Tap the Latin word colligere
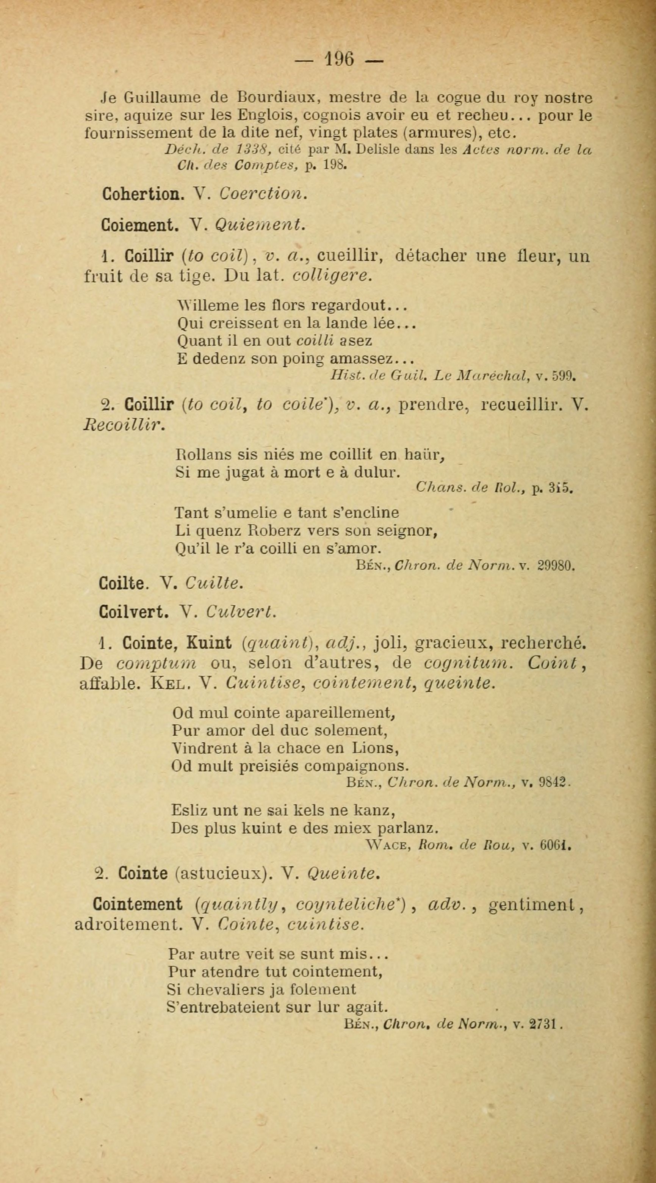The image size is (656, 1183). (x=330, y=275)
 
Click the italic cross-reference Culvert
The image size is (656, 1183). (x=241, y=613)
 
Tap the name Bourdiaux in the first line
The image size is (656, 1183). (x=276, y=98)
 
